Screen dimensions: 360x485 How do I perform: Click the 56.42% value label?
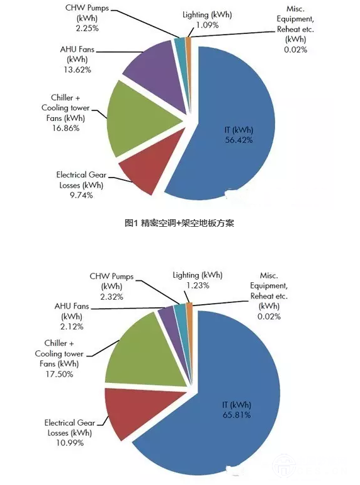click(x=239, y=140)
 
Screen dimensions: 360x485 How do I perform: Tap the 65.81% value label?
click(x=237, y=415)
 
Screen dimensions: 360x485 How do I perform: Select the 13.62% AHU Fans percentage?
click(x=77, y=69)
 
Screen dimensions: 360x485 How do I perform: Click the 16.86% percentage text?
click(x=65, y=128)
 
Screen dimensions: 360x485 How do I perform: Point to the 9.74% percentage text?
click(x=81, y=195)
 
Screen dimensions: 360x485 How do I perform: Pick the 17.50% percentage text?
click(x=59, y=374)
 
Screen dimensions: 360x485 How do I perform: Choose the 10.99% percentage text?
click(x=70, y=443)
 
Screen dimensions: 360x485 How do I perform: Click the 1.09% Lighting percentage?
click(x=207, y=25)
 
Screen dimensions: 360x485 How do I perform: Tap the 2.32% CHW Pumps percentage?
click(x=111, y=297)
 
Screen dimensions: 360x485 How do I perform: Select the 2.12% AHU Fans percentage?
click(x=72, y=327)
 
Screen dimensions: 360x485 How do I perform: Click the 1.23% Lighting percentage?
click(x=198, y=285)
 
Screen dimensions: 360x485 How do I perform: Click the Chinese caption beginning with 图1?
click(x=179, y=223)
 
